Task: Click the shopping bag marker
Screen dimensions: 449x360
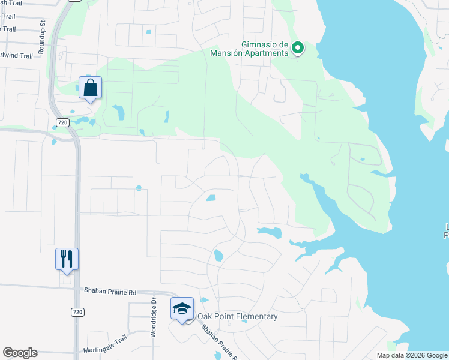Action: [x=90, y=88]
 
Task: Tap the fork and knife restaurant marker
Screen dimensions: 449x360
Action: [x=67, y=259]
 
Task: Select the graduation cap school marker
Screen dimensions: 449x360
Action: [x=182, y=308]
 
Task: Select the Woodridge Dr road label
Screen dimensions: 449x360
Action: [x=154, y=317]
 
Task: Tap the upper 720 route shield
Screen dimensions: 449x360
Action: [x=62, y=122]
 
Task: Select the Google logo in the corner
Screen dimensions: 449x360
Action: [x=20, y=353]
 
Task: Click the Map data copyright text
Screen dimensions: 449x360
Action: [x=411, y=355]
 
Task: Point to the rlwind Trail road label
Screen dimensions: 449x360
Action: [x=16, y=56]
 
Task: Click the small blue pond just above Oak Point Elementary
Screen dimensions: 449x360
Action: [x=204, y=300]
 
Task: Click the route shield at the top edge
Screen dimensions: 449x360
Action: [x=74, y=1]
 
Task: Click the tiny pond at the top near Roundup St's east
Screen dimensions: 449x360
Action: [x=148, y=31]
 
